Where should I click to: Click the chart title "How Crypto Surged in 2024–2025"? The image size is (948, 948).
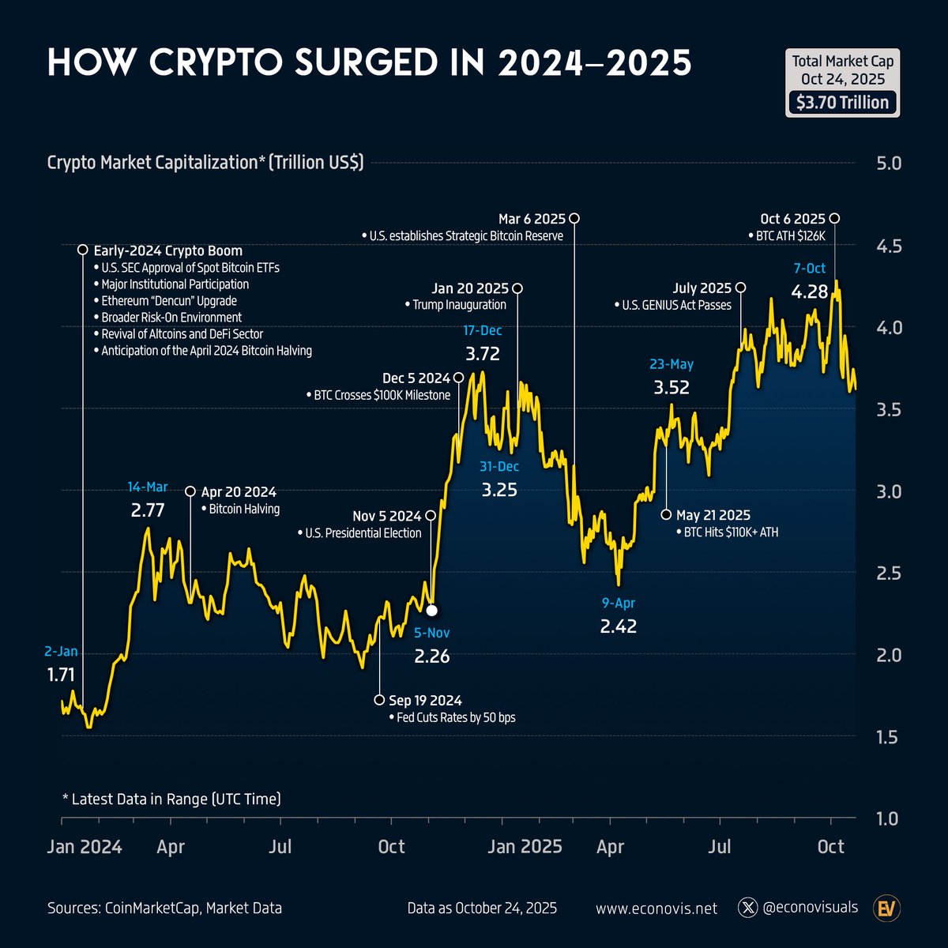369,63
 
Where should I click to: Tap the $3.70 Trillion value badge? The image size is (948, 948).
842,103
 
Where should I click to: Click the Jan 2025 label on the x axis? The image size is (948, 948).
525,847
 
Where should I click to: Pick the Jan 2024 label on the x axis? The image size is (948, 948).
85,847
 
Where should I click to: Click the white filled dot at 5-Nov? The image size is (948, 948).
431,610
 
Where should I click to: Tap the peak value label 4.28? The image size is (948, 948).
810,292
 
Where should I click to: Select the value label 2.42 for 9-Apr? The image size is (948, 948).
618,627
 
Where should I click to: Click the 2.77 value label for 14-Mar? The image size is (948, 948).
148,510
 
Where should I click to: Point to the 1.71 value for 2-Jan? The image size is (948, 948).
61,675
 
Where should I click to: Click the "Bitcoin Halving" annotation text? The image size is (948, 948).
244,510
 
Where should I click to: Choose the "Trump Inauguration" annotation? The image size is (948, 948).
459,305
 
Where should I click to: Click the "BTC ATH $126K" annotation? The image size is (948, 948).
789,235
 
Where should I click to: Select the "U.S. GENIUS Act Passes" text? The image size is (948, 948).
676,305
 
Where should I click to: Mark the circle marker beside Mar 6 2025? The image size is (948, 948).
574,218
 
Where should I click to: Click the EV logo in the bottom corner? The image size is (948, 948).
886,908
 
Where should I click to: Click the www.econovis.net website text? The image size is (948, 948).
656,908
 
